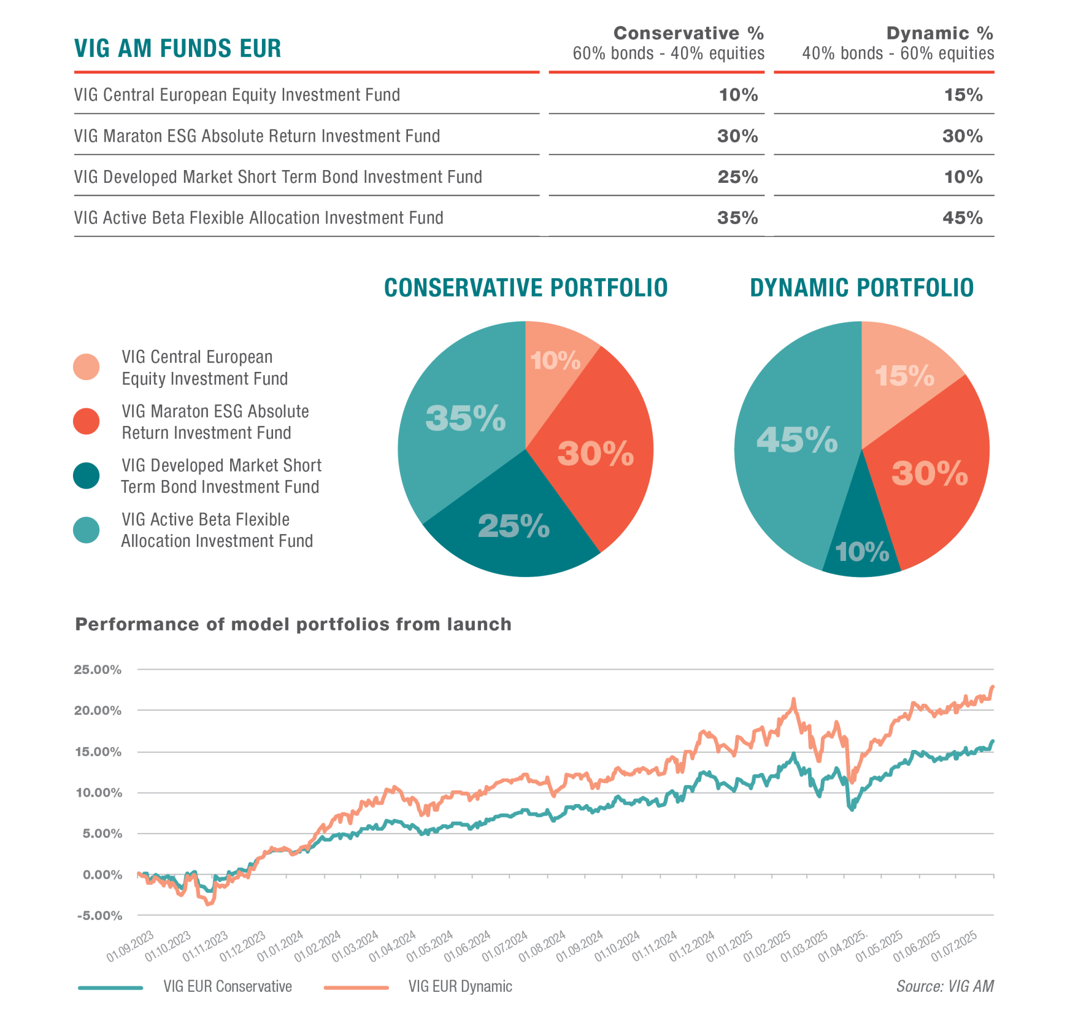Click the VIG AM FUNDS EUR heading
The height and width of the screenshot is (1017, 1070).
(x=177, y=49)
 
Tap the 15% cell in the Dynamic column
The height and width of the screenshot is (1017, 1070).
(x=962, y=95)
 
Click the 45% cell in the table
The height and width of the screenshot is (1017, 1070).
(x=962, y=217)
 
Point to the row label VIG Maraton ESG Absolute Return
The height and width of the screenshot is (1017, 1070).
(x=257, y=136)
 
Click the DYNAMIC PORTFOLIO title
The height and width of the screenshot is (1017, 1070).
(x=861, y=288)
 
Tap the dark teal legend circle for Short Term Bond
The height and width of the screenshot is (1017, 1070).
(x=86, y=476)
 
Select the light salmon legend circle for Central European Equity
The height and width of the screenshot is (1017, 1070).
(x=86, y=367)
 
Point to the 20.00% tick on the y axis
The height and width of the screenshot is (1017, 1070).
(x=98, y=710)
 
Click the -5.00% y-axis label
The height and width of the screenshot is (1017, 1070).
(x=99, y=916)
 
